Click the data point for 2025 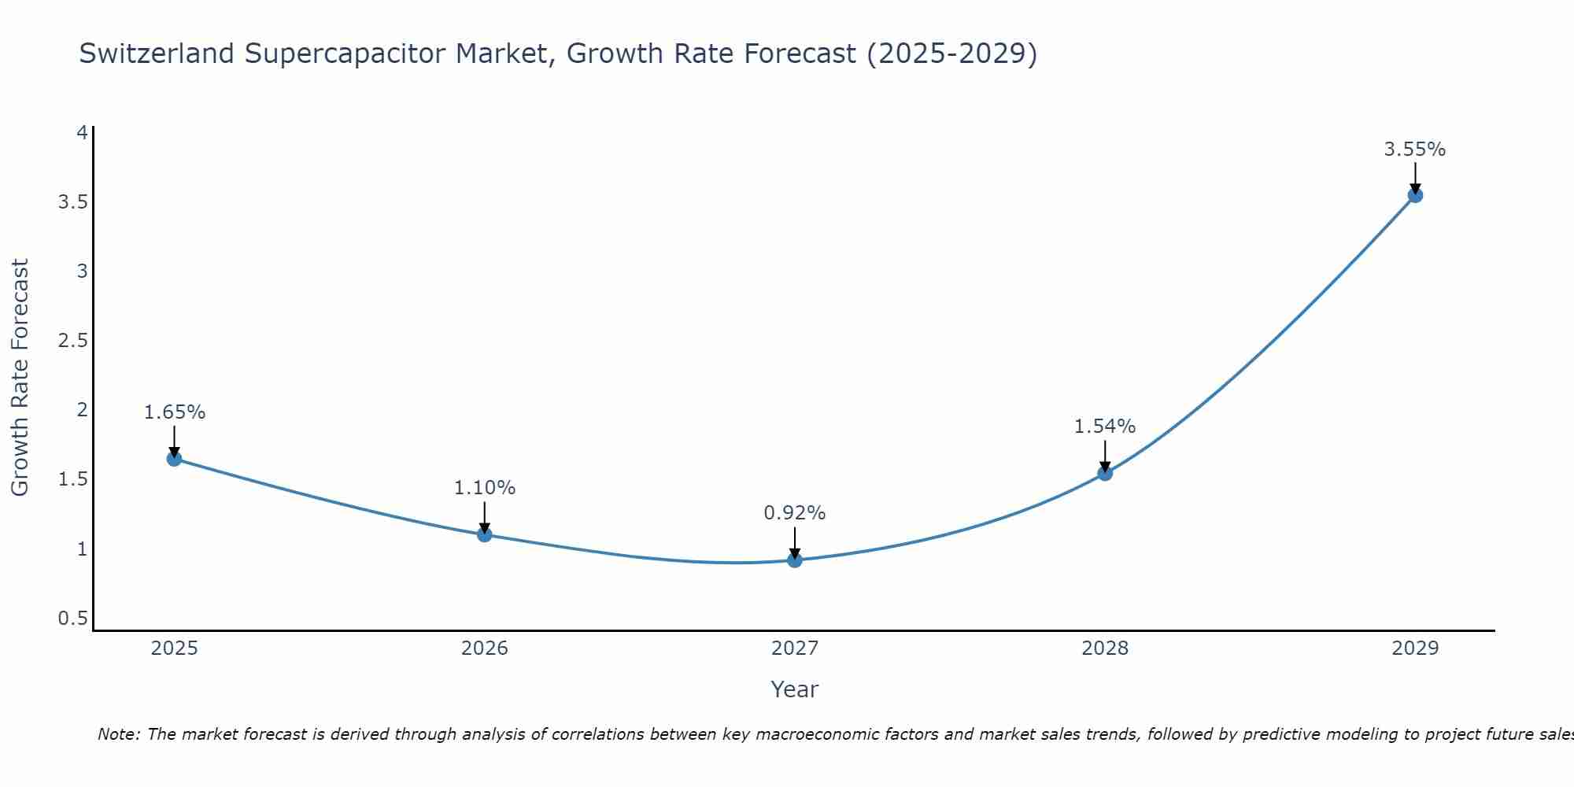coord(175,459)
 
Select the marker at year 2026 coord(485,535)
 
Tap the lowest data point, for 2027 coord(795,560)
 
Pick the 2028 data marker coord(1105,473)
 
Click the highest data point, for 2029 coord(1415,195)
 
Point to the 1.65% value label coord(175,412)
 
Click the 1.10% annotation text coord(485,488)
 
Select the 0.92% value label coord(795,513)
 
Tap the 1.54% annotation coord(1105,427)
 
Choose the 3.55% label coord(1415,150)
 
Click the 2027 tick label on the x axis coord(795,648)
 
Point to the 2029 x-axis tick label coord(1415,648)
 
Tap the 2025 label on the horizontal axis coord(175,648)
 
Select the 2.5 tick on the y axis coord(72,341)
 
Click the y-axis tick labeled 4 coord(82,132)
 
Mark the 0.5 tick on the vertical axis coord(72,619)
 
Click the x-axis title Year coord(795,689)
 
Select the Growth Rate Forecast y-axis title coord(20,378)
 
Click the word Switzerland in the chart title coord(157,54)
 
